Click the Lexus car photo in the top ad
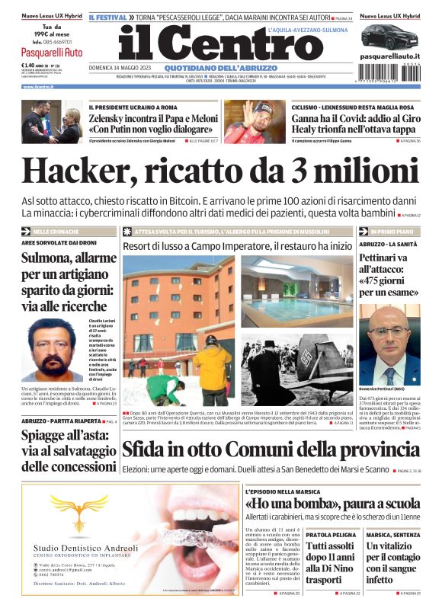click(390, 37)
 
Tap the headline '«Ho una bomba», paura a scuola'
click(333, 504)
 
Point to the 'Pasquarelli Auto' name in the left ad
click(52, 53)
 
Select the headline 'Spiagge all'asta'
click(65, 448)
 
